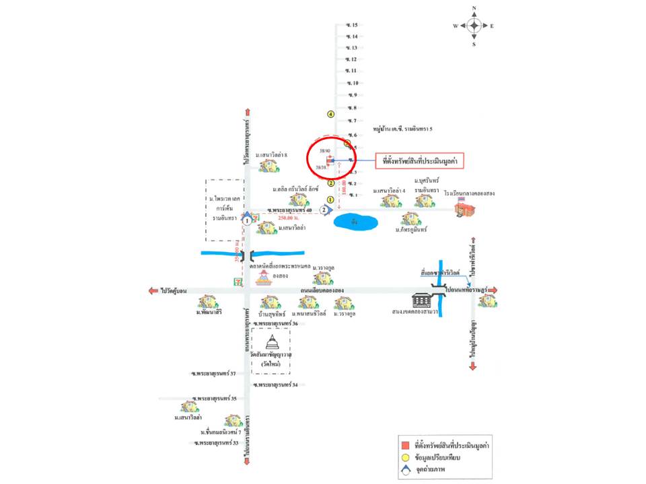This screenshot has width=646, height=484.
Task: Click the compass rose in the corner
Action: click(x=474, y=26)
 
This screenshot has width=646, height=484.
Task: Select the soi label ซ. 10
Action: click(x=352, y=83)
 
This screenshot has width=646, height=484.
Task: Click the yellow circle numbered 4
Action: click(x=330, y=114)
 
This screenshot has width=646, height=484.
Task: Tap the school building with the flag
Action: click(x=464, y=208)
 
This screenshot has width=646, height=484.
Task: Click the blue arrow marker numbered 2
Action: click(x=325, y=210)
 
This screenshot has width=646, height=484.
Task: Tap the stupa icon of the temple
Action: click(x=272, y=340)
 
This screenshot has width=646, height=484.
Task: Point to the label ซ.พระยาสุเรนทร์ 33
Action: click(x=216, y=443)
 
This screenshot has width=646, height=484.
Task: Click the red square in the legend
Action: click(x=404, y=445)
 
